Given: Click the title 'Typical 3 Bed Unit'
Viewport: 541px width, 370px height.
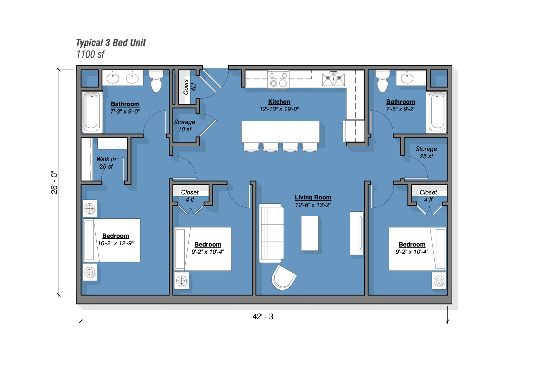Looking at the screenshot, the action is point(111,43).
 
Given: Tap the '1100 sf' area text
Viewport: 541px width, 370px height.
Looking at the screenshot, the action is point(90,54).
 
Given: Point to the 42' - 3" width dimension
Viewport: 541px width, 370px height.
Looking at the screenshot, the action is point(264,317).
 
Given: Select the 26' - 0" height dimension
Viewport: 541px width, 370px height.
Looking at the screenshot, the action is point(54,183).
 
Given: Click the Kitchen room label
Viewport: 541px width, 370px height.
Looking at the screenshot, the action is point(279,102).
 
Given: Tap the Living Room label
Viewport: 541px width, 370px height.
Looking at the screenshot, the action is point(313,197).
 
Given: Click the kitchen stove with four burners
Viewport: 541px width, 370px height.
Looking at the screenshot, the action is point(278,79).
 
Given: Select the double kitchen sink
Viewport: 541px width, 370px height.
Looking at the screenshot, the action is point(333,79).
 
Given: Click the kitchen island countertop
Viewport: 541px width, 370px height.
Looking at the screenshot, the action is point(280,132).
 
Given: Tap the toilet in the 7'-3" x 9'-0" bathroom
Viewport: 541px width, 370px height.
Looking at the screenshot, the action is point(156,81).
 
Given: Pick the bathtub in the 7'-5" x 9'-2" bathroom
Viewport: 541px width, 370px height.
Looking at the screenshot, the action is point(437,112).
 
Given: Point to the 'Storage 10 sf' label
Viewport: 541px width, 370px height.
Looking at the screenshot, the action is point(185,125).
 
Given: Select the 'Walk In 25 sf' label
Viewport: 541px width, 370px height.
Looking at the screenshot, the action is point(106,163).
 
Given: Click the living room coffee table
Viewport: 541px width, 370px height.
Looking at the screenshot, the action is point(310,233).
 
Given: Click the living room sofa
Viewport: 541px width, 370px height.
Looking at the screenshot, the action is point(271,233).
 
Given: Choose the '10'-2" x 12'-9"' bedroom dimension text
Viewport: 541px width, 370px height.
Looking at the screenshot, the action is point(116,243).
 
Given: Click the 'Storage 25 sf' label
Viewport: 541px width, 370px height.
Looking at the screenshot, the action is point(426,152).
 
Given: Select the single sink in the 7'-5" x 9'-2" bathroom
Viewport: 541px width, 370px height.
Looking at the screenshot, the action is point(407,78).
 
